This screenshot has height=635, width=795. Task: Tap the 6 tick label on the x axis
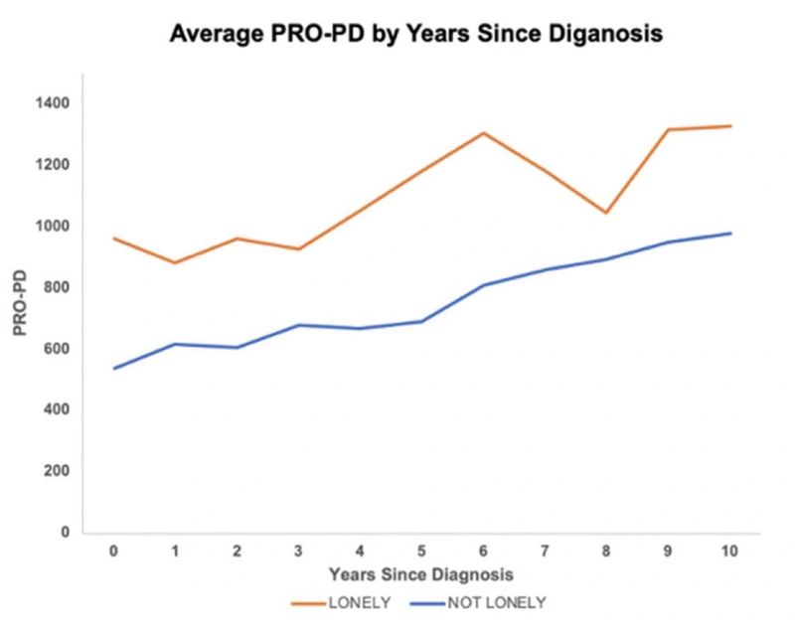tap(484, 551)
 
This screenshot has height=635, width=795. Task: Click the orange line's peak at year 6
tap(484, 132)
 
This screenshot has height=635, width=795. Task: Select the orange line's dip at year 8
tap(605, 213)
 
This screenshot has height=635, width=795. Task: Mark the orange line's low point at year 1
tap(175, 262)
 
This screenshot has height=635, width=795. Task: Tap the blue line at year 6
tap(484, 285)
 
